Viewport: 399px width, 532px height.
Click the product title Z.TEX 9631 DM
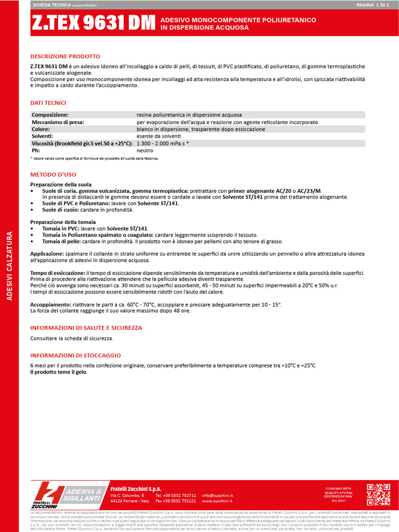point(93,23)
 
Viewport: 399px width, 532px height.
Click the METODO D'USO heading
point(53,175)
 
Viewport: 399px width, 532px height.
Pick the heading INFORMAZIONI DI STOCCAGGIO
point(75,355)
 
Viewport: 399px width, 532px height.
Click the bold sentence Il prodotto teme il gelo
point(59,372)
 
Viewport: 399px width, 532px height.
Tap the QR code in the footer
point(378,495)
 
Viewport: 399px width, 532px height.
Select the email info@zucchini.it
point(217,496)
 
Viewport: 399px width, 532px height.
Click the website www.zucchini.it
point(217,501)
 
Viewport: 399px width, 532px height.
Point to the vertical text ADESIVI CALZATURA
point(9,266)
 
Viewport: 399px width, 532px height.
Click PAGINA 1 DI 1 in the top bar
point(372,4)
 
